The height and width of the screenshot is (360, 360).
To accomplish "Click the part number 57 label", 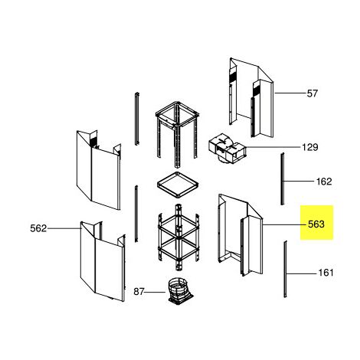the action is click(313, 93).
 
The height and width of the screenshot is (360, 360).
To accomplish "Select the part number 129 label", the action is click(310, 147).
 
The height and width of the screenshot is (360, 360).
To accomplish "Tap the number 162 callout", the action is click(324, 182).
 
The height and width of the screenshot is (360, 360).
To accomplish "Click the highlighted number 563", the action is click(316, 224).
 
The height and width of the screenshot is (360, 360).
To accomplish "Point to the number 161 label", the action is click(326, 273).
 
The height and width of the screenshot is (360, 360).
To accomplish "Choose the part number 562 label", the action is click(38, 228).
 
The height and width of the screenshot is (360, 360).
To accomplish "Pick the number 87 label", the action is click(139, 291).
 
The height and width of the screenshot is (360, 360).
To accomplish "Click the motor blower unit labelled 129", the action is click(227, 149).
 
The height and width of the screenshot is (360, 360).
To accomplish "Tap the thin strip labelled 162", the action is click(283, 178).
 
